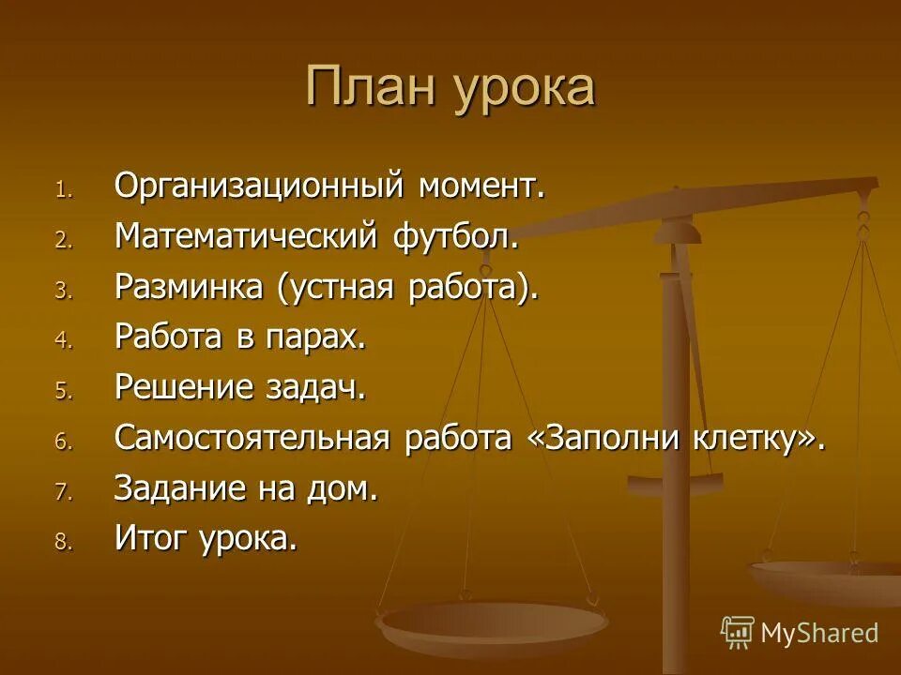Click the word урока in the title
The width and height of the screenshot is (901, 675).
(x=526, y=89)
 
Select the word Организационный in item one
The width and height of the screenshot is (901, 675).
(x=260, y=186)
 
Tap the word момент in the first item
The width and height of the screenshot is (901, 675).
(x=480, y=186)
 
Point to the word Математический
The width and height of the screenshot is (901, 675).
(x=246, y=236)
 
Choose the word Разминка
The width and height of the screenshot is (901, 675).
(x=189, y=287)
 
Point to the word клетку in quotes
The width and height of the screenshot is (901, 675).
(x=756, y=439)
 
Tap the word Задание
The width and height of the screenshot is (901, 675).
(x=174, y=489)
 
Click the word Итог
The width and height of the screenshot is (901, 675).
(x=150, y=539)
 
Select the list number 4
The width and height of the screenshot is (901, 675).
(x=62, y=341)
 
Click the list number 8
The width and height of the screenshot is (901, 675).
(x=62, y=543)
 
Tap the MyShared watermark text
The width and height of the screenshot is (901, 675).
(x=819, y=633)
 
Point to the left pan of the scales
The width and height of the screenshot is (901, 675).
(x=491, y=621)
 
